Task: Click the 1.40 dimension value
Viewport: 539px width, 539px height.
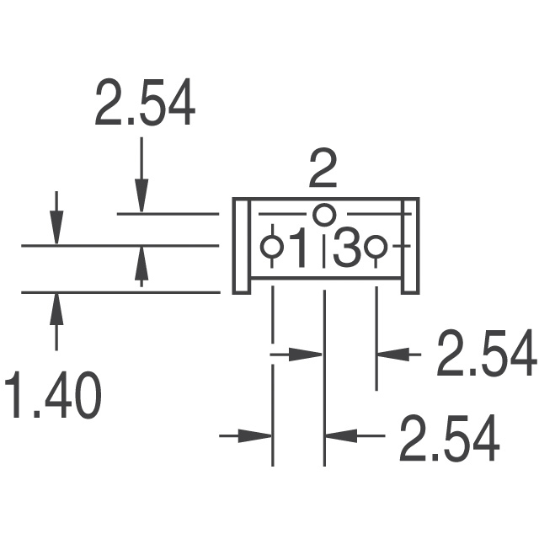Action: click(x=52, y=396)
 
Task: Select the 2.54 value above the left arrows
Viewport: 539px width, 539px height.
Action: click(x=145, y=104)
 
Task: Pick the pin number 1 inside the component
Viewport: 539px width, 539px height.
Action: click(x=298, y=249)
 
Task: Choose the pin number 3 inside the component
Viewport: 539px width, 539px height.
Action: click(x=346, y=249)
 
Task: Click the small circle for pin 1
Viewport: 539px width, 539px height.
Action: click(x=271, y=247)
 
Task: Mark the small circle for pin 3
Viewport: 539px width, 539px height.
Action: click(x=376, y=247)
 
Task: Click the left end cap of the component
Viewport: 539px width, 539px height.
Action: click(x=242, y=246)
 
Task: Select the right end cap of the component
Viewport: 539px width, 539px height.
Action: click(x=409, y=246)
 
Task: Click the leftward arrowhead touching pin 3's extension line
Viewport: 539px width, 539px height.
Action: click(x=388, y=355)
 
